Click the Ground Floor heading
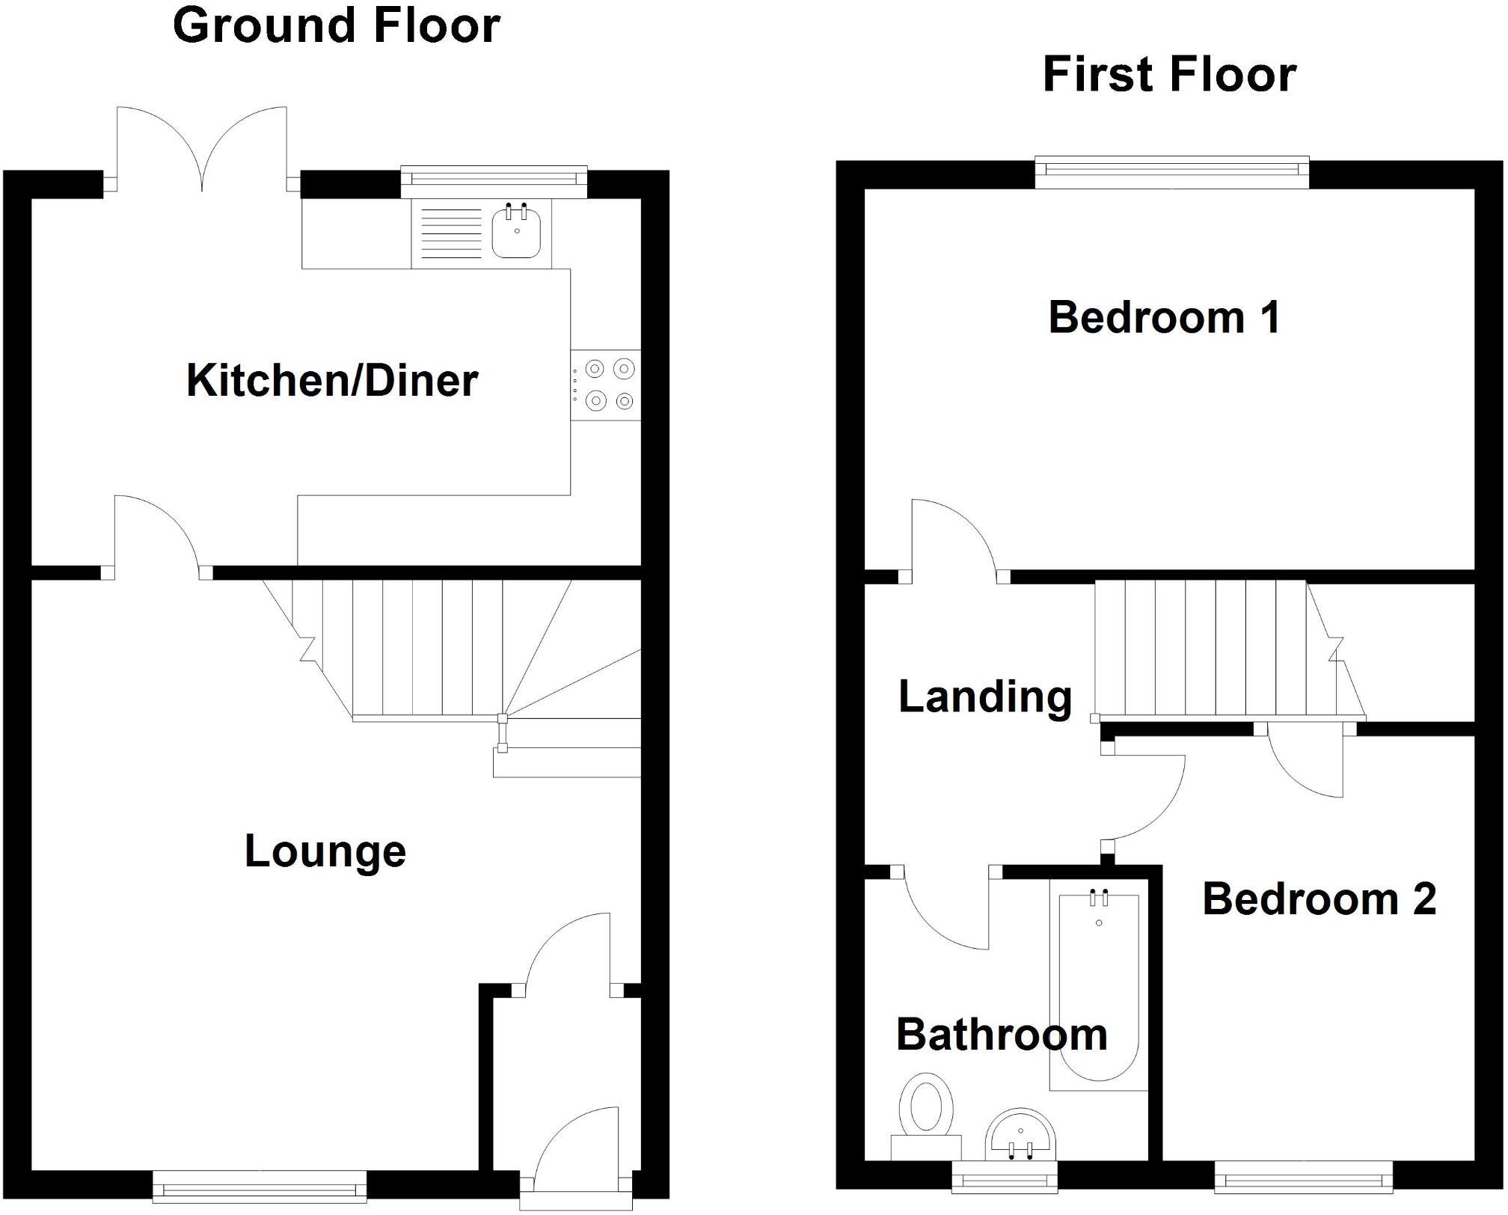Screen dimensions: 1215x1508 336,25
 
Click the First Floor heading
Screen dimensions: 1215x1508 1168,75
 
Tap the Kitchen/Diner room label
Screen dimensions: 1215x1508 331,380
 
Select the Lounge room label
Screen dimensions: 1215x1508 325,851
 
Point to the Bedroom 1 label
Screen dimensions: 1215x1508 1164,317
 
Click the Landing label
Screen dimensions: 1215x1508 984,697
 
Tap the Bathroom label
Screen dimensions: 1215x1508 1001,1035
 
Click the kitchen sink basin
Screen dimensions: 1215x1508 516,232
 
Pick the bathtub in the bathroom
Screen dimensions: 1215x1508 1098,988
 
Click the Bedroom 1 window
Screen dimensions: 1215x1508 1171,171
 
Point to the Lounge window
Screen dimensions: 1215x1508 260,1186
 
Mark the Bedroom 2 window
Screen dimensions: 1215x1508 1303,1182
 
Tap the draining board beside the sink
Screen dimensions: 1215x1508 450,233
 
